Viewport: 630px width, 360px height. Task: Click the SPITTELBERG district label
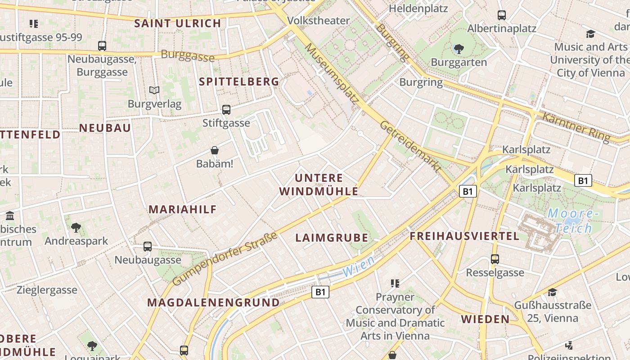tap(239, 81)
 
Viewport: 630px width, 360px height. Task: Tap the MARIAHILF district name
tap(183, 209)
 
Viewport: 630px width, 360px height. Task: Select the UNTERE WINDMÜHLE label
tap(319, 184)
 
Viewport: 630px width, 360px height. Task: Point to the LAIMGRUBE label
tap(332, 238)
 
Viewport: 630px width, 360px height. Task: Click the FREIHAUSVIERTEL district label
tap(464, 236)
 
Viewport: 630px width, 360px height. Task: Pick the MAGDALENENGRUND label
tap(213, 302)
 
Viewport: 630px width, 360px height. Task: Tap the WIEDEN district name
tap(485, 319)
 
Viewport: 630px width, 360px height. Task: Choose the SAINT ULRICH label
tap(178, 23)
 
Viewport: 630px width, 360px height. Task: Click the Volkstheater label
tap(318, 20)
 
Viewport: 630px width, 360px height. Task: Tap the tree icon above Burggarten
tap(459, 49)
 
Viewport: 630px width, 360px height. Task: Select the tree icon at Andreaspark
tap(76, 227)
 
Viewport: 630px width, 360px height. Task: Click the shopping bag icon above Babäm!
tap(215, 150)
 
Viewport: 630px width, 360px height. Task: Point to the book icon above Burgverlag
tap(154, 90)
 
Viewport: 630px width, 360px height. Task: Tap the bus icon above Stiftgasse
tap(226, 109)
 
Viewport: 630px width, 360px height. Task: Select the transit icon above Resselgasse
tap(495, 259)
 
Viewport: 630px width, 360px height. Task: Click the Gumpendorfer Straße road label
tap(225, 259)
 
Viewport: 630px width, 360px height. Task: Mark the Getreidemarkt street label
tap(410, 146)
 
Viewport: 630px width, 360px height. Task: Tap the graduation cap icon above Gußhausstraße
tap(552, 292)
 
